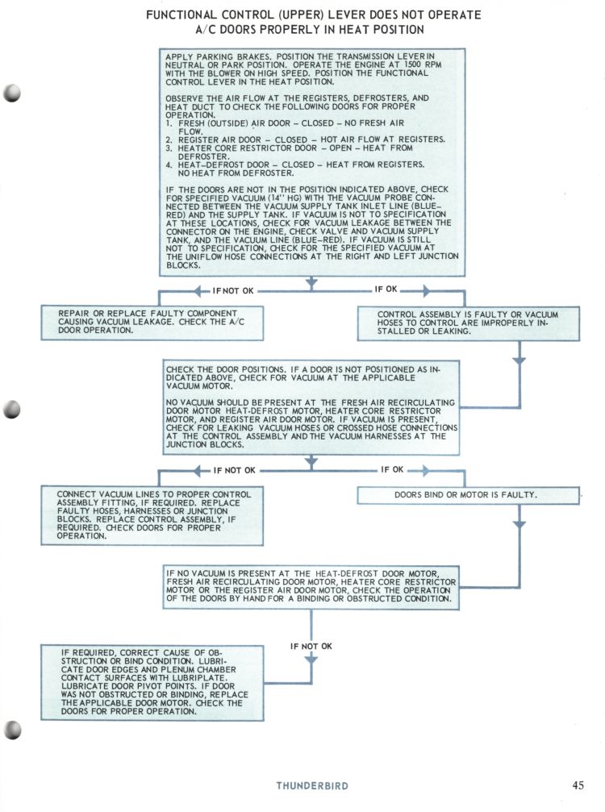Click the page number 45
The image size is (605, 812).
click(x=578, y=785)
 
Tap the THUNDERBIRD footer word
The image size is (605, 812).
click(x=312, y=785)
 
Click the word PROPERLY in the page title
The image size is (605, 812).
click(x=332, y=29)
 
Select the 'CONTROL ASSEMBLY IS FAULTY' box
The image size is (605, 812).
click(x=468, y=322)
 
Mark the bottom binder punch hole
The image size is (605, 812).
click(x=13, y=730)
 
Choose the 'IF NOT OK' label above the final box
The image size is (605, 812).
click(x=311, y=646)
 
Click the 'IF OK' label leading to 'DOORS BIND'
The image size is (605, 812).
click(x=392, y=469)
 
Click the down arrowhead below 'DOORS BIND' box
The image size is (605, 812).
click(x=519, y=524)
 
